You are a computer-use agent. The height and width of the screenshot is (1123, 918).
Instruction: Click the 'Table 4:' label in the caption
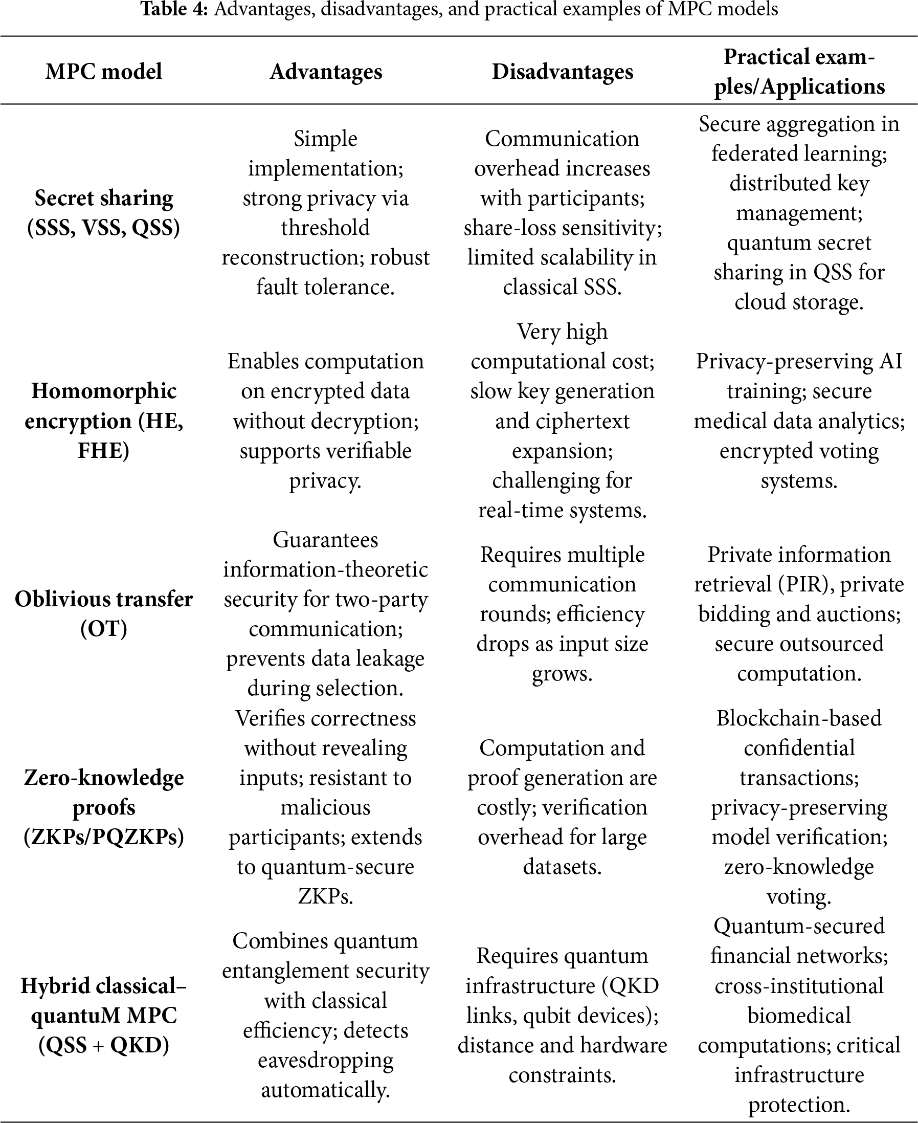[174, 9]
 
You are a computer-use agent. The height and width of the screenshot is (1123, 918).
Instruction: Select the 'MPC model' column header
[104, 72]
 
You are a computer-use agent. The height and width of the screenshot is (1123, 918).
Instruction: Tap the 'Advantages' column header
[326, 72]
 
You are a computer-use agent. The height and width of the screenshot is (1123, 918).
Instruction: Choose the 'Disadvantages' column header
[562, 72]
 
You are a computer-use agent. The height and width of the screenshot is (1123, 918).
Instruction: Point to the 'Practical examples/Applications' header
[799, 72]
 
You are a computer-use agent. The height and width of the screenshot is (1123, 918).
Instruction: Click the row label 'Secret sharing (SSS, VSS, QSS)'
[104, 213]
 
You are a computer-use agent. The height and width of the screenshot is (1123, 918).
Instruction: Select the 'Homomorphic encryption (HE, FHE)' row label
[104, 421]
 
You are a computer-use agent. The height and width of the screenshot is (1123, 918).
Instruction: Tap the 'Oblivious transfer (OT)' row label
[104, 613]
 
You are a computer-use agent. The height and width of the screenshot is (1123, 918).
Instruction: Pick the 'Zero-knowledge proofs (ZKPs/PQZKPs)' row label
[104, 807]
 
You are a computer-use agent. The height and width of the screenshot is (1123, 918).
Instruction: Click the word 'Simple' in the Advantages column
[326, 139]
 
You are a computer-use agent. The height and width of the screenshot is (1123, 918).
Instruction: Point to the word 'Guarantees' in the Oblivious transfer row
[326, 540]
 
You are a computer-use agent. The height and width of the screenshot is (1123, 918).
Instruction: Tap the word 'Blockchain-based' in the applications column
[799, 718]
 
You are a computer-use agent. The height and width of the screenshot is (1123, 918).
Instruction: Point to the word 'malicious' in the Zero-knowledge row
[326, 808]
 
